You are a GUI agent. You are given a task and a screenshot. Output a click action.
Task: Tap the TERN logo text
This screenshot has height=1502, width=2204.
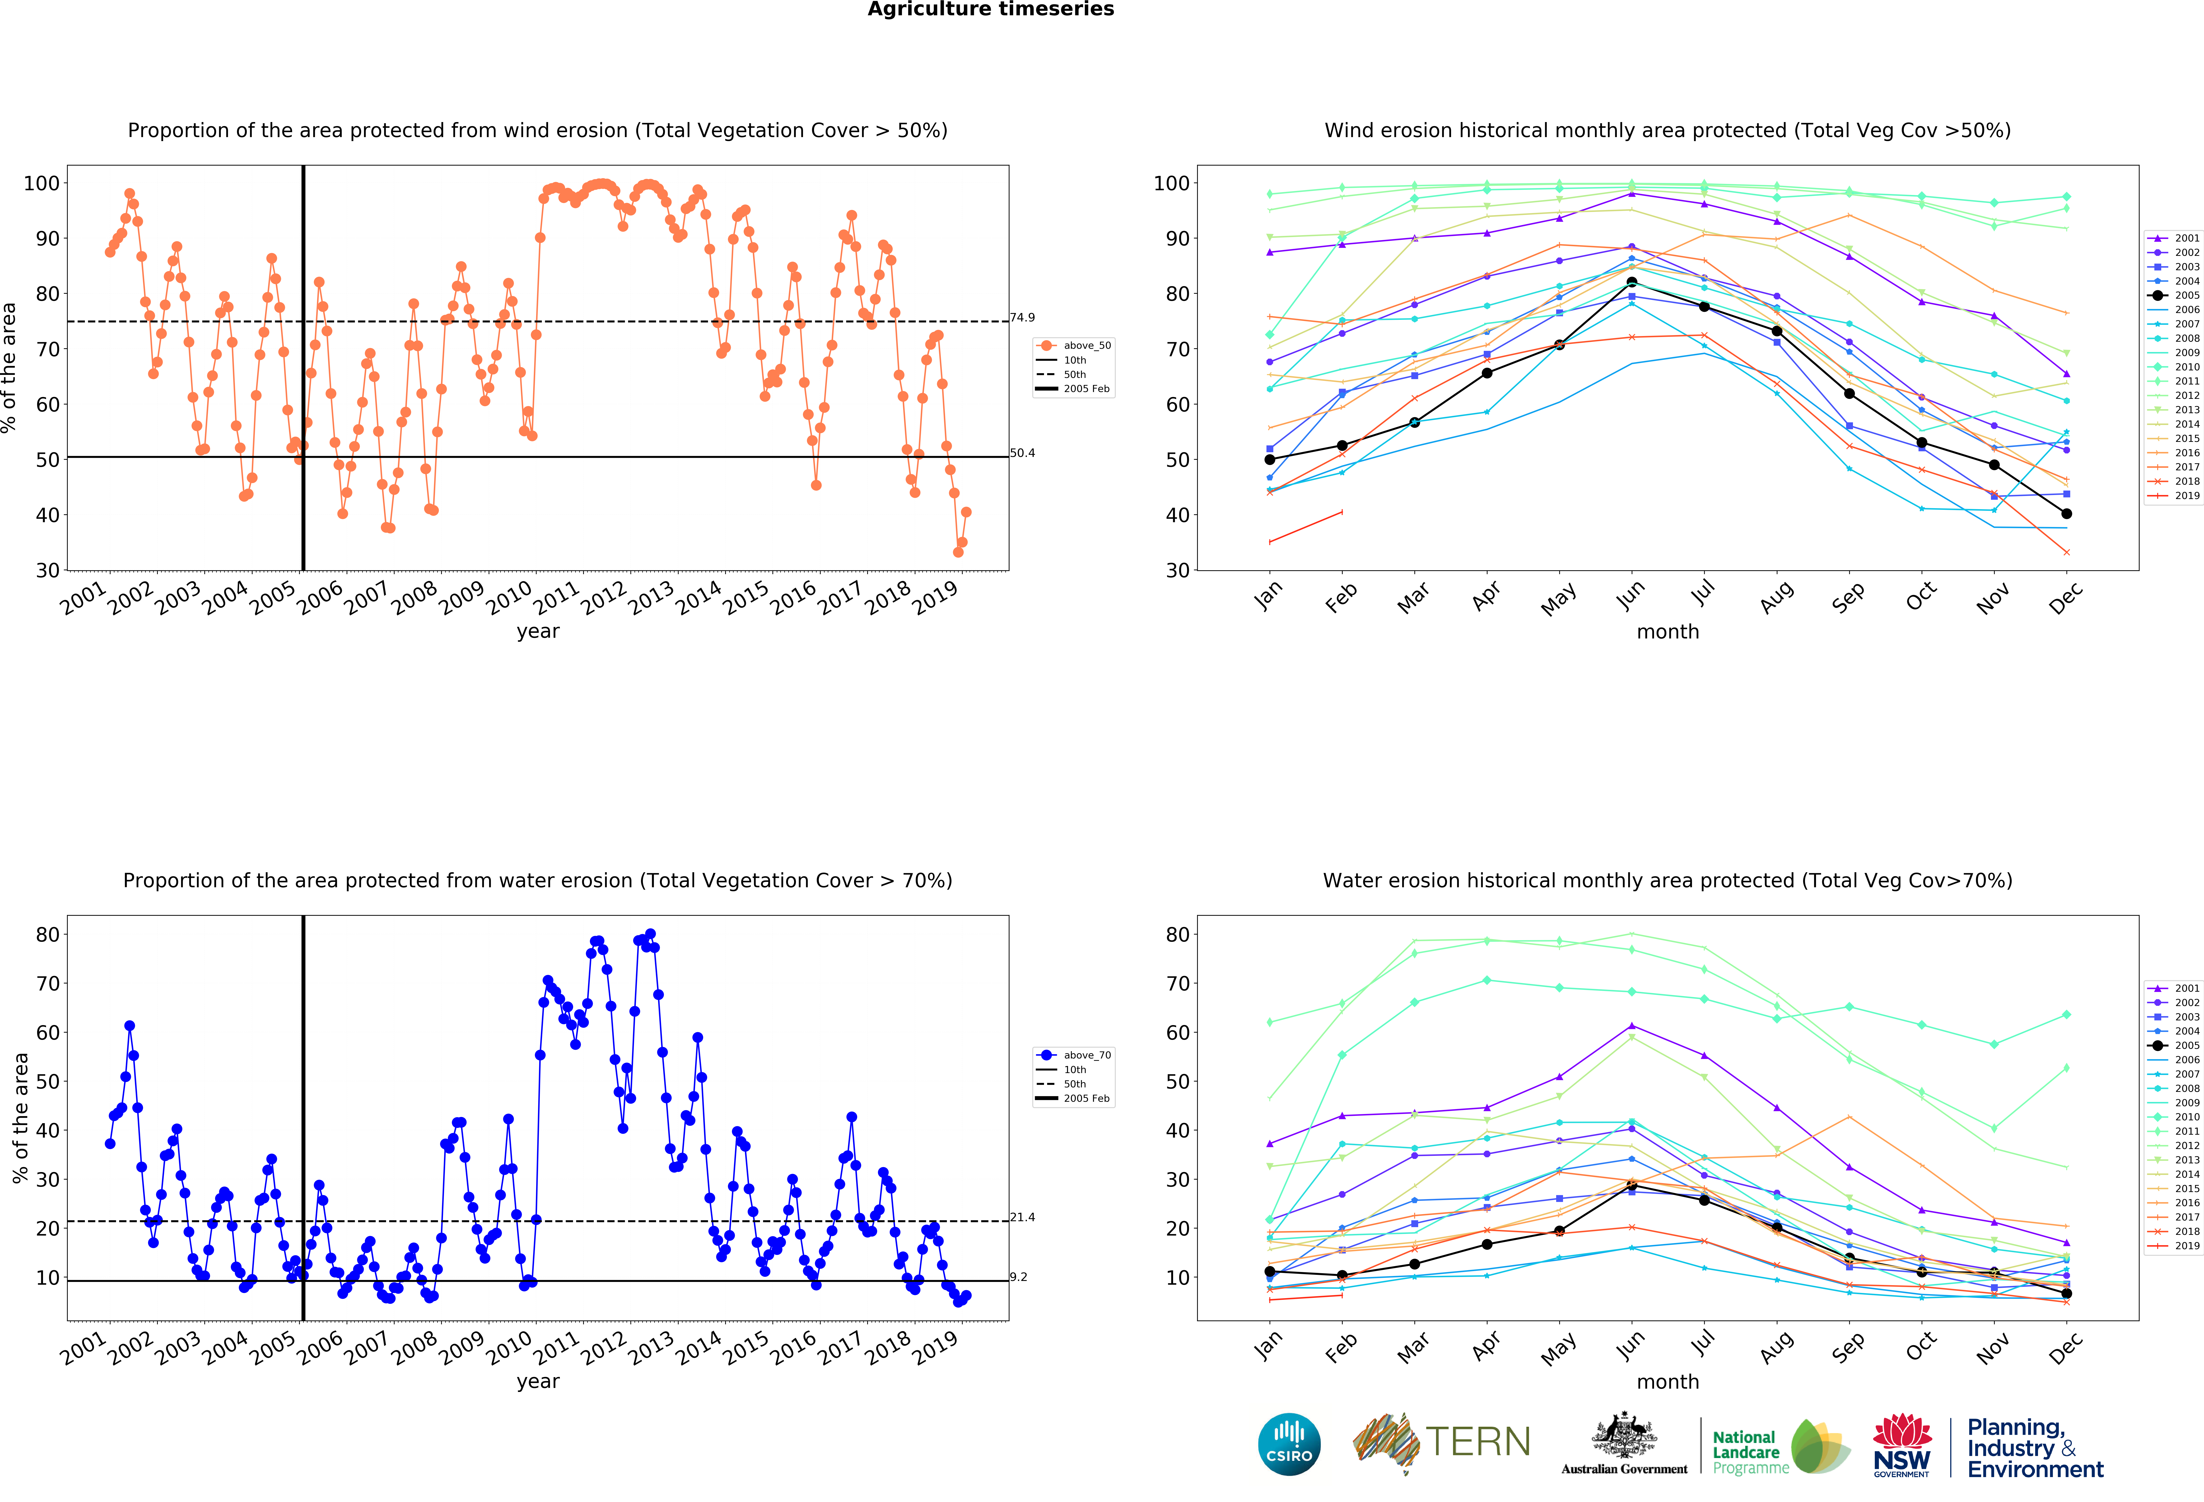tap(1478, 1442)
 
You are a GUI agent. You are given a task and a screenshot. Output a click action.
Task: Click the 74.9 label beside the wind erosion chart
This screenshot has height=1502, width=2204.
tap(1022, 318)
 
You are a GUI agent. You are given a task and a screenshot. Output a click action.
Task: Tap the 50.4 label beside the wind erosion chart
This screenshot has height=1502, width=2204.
tap(1022, 453)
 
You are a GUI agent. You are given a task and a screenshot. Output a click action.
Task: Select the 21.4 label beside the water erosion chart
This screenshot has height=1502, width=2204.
tap(1022, 1217)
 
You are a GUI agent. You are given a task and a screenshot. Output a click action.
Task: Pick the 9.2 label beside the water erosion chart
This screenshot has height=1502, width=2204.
tap(1019, 1277)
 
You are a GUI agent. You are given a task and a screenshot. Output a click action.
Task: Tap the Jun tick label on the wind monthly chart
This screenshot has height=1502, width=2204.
tap(1630, 594)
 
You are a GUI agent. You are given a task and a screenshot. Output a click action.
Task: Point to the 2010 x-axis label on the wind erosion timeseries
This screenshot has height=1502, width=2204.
tap(509, 597)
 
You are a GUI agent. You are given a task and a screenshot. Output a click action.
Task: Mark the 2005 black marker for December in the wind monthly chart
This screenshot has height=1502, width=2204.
tap(2066, 514)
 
